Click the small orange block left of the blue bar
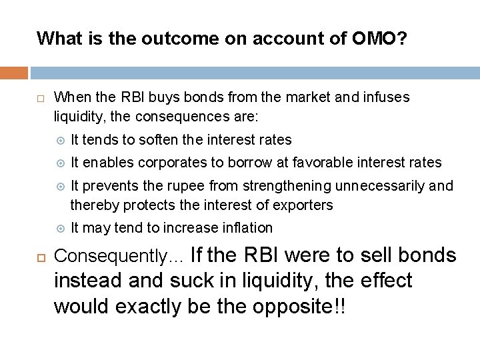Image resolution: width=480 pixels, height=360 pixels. click(14, 73)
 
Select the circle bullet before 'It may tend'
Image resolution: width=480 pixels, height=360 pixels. click(59, 228)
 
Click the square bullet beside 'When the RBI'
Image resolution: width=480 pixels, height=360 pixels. click(41, 98)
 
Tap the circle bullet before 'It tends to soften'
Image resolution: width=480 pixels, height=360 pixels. click(59, 140)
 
